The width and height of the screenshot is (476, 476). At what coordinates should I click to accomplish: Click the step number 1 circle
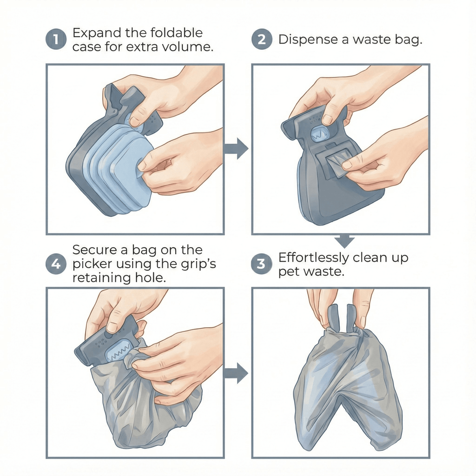55,40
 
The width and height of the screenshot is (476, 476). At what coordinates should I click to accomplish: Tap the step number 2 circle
261,40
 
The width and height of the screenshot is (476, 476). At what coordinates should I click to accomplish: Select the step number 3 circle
261,264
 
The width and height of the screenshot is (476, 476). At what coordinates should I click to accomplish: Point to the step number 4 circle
55,264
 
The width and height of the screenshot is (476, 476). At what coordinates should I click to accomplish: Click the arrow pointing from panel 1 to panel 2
237,148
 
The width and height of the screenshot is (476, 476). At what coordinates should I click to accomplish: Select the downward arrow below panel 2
345,241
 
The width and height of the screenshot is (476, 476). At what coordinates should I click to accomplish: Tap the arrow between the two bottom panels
237,372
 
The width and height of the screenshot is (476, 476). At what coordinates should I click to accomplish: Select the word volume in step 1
192,47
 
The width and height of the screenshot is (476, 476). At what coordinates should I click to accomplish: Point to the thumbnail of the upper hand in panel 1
135,121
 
